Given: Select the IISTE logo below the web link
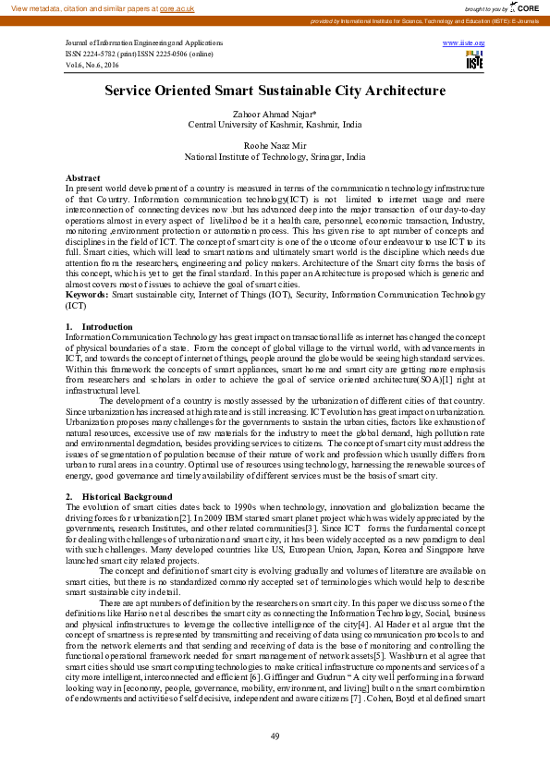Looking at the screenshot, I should tap(474, 60).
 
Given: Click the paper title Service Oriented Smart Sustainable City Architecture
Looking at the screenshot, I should tap(275, 91).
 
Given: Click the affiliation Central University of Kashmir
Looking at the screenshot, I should tap(275, 124).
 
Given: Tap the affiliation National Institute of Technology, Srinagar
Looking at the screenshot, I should tap(275, 157).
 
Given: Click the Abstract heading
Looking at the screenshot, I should tap(83, 177).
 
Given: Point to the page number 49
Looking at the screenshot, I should tap(275, 735).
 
